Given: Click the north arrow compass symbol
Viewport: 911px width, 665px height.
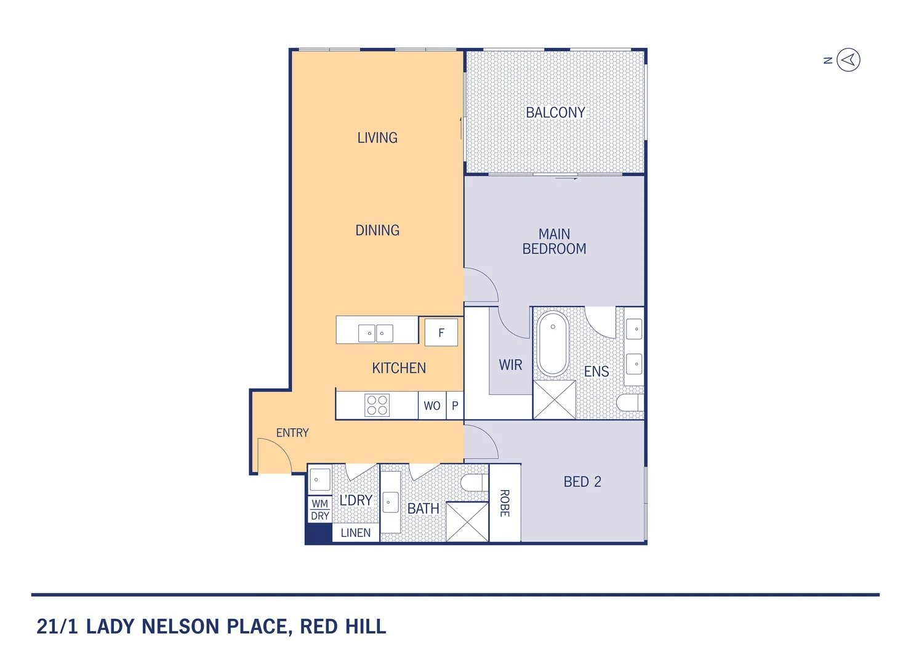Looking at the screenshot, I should pyautogui.click(x=848, y=60).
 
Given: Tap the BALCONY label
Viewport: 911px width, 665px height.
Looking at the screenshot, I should pyautogui.click(x=555, y=113).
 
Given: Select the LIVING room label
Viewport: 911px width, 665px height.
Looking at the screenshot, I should pyautogui.click(x=377, y=138).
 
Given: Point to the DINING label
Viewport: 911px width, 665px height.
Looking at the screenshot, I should pyautogui.click(x=377, y=230).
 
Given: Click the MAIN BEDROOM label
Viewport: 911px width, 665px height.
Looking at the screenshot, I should pyautogui.click(x=554, y=241).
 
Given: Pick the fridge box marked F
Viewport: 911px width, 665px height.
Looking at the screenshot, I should pyautogui.click(x=441, y=332).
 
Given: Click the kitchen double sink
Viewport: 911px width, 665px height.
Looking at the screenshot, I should pyautogui.click(x=375, y=333).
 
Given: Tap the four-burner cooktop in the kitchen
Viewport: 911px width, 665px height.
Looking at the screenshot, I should pyautogui.click(x=377, y=405).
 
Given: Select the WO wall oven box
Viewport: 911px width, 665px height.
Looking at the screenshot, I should pyautogui.click(x=431, y=406).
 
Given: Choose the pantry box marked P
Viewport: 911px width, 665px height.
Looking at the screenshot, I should pyautogui.click(x=455, y=406).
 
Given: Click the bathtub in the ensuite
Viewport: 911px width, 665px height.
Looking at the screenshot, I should pyautogui.click(x=553, y=344).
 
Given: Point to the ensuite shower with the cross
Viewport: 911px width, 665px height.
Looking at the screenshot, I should pyautogui.click(x=554, y=400).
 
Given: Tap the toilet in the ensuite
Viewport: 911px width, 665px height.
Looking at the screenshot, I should pyautogui.click(x=630, y=403).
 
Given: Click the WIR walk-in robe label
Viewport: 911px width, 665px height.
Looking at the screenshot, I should pyautogui.click(x=510, y=365).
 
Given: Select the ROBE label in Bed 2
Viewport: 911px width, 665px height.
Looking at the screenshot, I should pyautogui.click(x=505, y=503).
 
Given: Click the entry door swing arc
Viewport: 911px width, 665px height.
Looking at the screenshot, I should pyautogui.click(x=275, y=456).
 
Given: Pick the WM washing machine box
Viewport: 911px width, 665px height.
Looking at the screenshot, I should pyautogui.click(x=319, y=503).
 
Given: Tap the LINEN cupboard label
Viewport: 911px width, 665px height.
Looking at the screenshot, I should pyautogui.click(x=356, y=533).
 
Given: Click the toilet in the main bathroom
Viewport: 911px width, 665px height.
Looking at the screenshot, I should pyautogui.click(x=474, y=483).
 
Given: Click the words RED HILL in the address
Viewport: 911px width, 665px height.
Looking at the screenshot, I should pyautogui.click(x=343, y=627).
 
